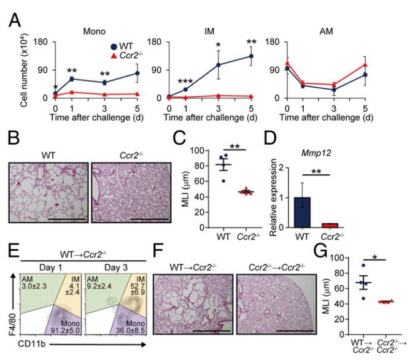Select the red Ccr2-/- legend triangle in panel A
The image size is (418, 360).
point(70,56)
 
